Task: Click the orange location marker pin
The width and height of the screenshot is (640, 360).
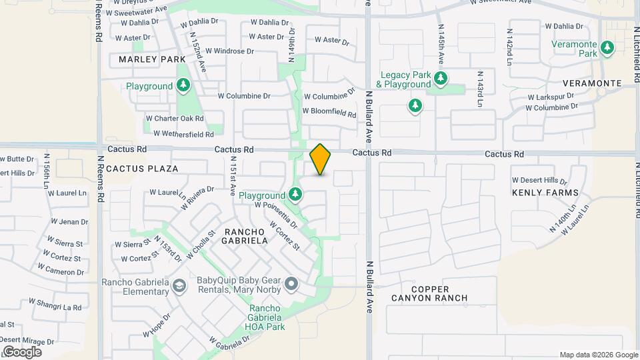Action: click(320, 159)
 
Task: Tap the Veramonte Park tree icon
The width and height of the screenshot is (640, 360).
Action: click(607, 47)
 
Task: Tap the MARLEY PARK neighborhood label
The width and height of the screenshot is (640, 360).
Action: click(152, 59)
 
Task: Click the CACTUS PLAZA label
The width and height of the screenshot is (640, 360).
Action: click(142, 169)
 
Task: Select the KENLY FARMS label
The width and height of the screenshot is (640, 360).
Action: click(541, 193)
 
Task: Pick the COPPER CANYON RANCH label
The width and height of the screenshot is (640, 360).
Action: click(439, 293)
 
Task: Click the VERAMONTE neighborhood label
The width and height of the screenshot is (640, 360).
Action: click(592, 83)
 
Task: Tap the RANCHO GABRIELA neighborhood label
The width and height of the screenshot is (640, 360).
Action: click(245, 235)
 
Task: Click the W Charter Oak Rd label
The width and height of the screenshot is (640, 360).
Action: click(175, 119)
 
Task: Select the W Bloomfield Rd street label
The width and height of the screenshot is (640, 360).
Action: click(329, 113)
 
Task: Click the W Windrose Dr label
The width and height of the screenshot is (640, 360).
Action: click(229, 51)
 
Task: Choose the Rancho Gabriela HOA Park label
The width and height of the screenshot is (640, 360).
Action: click(276, 317)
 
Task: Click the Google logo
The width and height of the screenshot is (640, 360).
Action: click(21, 351)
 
